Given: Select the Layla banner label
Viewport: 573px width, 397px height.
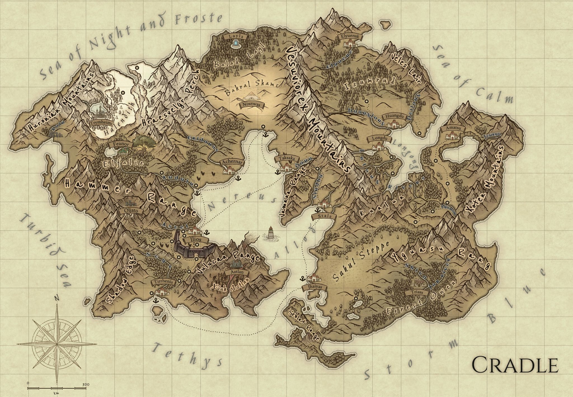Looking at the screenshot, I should click(237, 36).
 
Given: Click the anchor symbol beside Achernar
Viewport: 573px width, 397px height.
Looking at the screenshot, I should click(238, 178).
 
